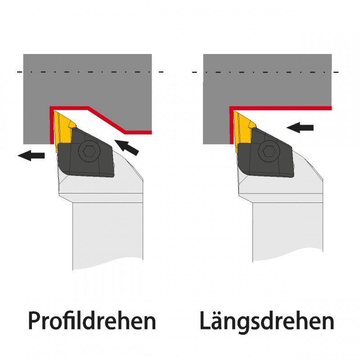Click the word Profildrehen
coord(92,321)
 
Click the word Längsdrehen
coord(267,321)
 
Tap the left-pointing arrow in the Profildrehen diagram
coord(31,156)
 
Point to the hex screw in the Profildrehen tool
coord(88,152)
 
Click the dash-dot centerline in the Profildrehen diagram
coord(90,72)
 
